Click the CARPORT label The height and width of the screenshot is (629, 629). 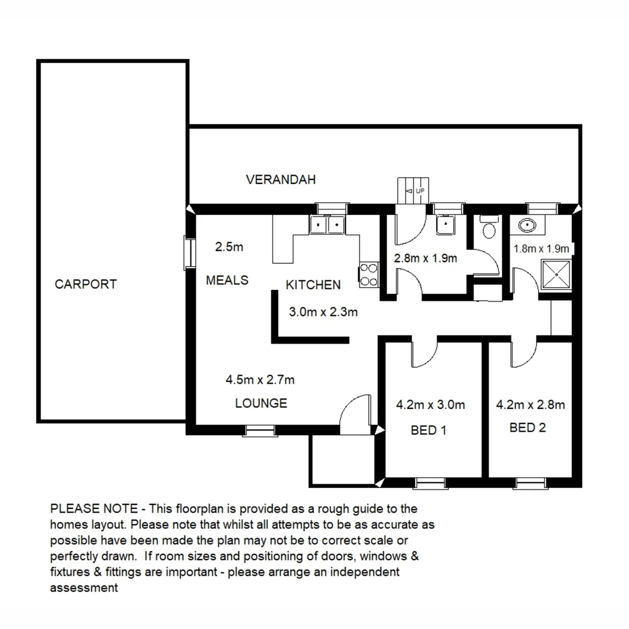(x=86, y=284)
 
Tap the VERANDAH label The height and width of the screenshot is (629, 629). (x=281, y=179)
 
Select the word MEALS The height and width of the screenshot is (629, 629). (x=227, y=280)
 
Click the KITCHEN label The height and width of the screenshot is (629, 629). (x=313, y=285)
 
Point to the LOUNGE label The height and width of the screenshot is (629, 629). (x=261, y=403)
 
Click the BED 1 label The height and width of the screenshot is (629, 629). (x=429, y=430)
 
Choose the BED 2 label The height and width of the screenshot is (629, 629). (x=528, y=428)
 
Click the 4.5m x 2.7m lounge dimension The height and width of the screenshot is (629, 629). (x=260, y=380)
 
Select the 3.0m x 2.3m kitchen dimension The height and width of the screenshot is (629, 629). (x=323, y=312)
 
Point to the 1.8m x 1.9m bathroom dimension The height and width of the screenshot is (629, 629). (x=540, y=249)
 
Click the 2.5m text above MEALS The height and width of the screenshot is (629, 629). (x=229, y=247)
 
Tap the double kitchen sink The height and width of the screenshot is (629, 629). (x=328, y=224)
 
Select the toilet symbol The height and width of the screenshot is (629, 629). (x=488, y=228)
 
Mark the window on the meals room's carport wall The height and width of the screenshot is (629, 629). (x=189, y=252)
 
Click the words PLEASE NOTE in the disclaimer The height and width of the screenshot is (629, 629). (x=94, y=508)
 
